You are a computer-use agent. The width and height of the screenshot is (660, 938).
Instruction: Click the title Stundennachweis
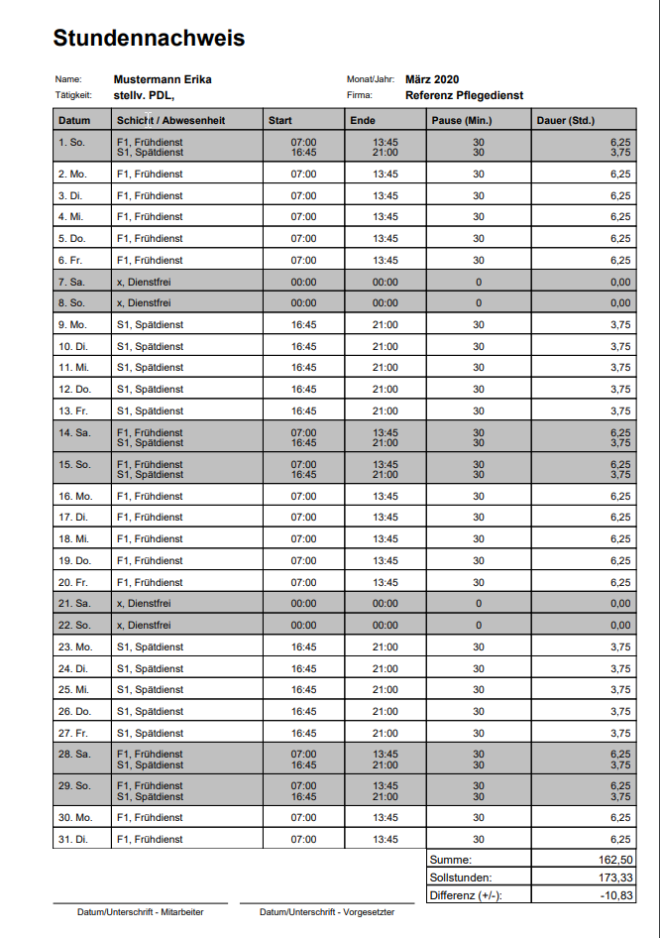(x=149, y=39)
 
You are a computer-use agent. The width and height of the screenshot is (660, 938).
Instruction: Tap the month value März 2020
(x=432, y=79)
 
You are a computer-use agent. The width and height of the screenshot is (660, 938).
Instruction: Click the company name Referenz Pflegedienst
(x=464, y=96)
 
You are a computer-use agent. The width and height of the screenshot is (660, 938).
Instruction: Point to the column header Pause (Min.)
(x=462, y=121)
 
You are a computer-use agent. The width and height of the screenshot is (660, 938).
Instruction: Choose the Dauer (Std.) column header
(x=565, y=121)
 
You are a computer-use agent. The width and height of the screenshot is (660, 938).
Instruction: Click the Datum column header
(x=74, y=121)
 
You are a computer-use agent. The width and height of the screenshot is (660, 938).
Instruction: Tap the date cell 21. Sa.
(x=74, y=604)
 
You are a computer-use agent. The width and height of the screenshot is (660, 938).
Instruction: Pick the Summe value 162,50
(x=614, y=860)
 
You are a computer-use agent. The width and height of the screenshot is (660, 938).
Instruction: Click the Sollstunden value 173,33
(x=614, y=878)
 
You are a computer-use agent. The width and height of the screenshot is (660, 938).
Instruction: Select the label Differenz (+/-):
(x=465, y=895)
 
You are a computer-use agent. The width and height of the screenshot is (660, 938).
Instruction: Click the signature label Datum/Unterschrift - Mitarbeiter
(x=140, y=912)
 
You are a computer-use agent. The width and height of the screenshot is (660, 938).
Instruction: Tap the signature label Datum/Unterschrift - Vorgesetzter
(x=327, y=912)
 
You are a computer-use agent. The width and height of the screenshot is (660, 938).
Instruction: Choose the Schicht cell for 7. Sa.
(x=144, y=282)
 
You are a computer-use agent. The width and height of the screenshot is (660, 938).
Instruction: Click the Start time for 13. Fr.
(x=303, y=410)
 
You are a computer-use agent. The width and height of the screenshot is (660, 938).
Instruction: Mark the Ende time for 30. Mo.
(x=385, y=818)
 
